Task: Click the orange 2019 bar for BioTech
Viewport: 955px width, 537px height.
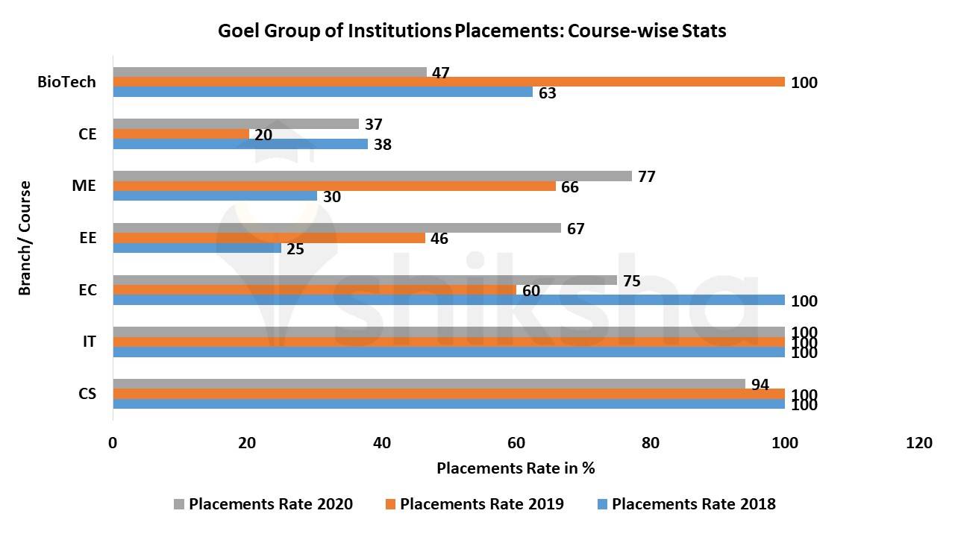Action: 448,82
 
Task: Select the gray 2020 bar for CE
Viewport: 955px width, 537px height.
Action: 236,124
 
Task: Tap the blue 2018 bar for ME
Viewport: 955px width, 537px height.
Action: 215,196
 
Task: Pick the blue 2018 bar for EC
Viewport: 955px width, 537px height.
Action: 448,300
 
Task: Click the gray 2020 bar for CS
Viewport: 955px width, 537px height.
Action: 429,384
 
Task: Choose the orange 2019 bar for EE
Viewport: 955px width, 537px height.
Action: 269,238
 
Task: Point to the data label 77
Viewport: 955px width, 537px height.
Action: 647,177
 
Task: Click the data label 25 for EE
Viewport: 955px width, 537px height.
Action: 295,249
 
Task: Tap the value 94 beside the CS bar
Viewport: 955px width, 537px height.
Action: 760,385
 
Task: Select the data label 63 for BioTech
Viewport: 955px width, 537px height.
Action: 548,93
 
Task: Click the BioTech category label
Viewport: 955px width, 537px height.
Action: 66,82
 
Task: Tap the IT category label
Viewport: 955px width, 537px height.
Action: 89,342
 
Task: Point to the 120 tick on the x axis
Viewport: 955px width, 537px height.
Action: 919,443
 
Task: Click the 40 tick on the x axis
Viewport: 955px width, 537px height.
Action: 382,443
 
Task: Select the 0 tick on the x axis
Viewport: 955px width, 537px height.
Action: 113,443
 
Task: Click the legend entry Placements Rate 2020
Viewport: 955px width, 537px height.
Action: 270,504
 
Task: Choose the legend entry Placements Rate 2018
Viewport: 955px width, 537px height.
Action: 693,504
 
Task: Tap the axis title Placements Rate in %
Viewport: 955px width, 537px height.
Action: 516,468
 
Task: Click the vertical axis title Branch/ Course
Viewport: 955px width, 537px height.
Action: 25,238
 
